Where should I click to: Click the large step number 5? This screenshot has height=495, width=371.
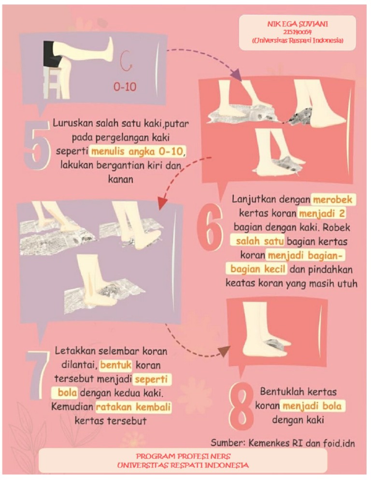tap(36, 145)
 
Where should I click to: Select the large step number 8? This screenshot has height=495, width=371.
tap(241, 406)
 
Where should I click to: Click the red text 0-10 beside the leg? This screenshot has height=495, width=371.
tap(125, 87)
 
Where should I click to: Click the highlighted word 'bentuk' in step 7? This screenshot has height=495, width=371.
tap(115, 364)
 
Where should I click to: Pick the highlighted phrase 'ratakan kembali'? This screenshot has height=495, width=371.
tap(133, 408)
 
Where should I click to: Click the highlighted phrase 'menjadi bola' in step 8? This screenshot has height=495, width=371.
tap(313, 406)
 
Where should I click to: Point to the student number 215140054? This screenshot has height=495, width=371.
tap(297, 32)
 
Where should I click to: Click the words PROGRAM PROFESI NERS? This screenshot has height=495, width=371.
tap(183, 456)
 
